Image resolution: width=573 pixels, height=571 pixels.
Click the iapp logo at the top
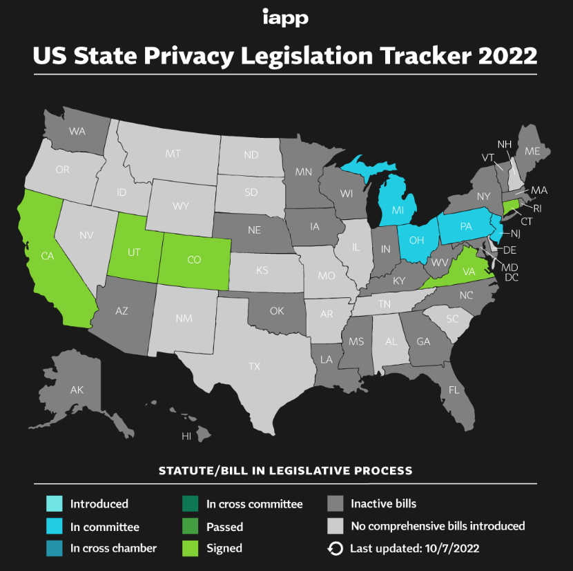pos(285,17)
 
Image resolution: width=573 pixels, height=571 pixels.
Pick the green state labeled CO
pos(195,260)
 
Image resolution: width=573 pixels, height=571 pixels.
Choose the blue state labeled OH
pos(416,240)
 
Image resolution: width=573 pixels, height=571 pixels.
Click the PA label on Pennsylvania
pos(466,226)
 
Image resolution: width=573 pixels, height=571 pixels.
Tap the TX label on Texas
pos(254,366)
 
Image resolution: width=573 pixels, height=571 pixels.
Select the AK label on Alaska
pos(77,390)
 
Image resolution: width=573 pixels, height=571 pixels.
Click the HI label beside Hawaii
pos(186,437)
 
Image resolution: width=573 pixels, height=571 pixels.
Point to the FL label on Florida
pos(454,390)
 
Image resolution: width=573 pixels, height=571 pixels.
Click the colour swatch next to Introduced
pos(55,504)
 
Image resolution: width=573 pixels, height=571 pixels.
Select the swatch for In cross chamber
pos(55,548)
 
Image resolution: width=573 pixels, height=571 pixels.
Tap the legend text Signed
pos(224,548)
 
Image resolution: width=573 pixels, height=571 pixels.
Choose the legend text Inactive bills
pos(383,504)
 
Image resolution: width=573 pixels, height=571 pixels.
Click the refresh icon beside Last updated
pos(335,548)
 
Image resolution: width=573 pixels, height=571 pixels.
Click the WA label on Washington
pos(77,130)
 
